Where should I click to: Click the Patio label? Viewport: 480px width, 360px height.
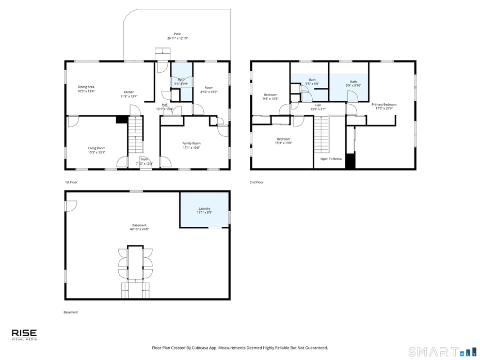[177, 34]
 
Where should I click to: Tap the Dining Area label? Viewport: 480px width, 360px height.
[86, 87]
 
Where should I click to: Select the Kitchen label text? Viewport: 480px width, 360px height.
[129, 92]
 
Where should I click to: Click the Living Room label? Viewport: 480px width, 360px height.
[97, 148]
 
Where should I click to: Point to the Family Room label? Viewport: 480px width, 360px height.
[191, 143]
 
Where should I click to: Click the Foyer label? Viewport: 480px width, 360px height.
[144, 159]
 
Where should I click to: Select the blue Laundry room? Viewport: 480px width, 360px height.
[204, 210]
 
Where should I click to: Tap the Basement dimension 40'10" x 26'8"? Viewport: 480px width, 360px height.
[139, 229]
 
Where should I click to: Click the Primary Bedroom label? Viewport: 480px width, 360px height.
[384, 104]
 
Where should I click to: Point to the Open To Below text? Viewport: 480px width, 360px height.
[331, 159]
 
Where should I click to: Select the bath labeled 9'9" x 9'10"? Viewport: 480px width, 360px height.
[353, 83]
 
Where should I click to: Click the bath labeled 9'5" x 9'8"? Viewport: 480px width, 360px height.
[312, 81]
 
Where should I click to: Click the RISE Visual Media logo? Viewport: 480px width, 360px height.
[24, 335]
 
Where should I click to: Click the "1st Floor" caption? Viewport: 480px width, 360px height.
[71, 182]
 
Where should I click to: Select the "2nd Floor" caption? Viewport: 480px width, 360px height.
[257, 182]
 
